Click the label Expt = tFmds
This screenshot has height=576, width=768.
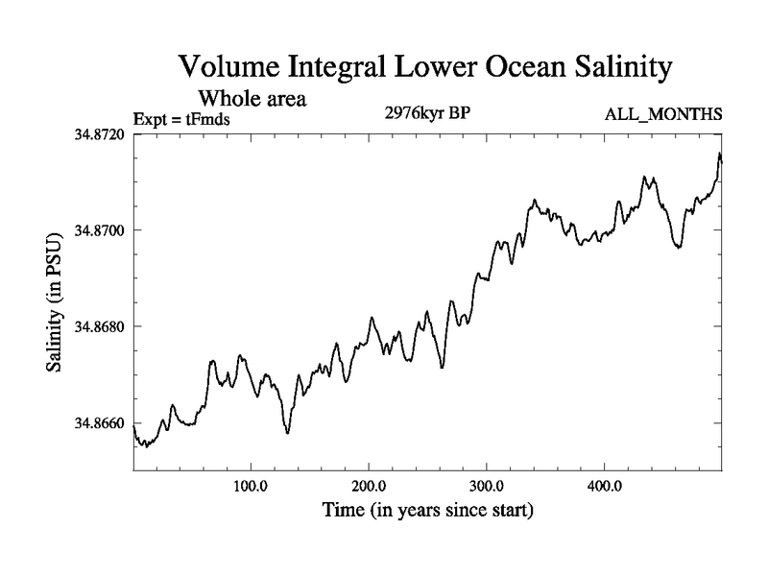(182, 119)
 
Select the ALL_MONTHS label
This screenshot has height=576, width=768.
(662, 115)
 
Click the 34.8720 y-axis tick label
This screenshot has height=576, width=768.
(98, 134)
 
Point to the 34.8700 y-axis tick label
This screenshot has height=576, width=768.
(98, 230)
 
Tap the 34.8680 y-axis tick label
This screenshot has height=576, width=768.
(98, 327)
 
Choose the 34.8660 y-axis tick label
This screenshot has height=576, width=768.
(98, 423)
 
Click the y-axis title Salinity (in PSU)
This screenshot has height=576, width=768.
(56, 302)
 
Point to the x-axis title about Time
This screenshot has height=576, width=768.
(427, 510)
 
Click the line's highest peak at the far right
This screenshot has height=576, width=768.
(719, 154)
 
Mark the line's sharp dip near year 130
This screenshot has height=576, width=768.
(287, 433)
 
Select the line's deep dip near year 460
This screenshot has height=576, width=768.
(678, 248)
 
